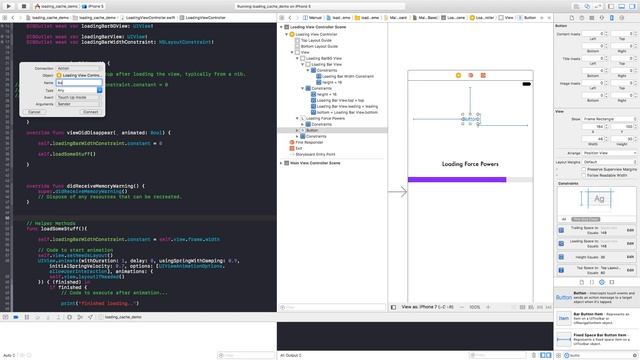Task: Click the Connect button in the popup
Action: (x=89, y=111)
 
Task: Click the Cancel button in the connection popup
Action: (x=34, y=111)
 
